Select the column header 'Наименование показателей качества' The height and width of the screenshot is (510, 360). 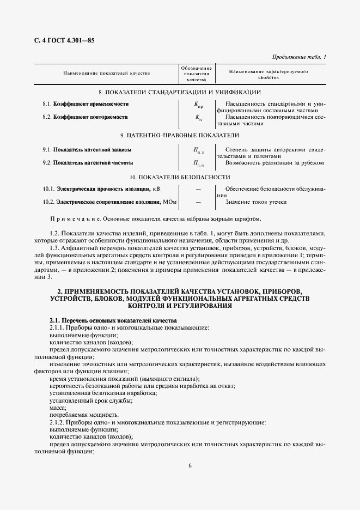(107, 72)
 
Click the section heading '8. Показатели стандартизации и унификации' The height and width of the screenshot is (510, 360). (180, 92)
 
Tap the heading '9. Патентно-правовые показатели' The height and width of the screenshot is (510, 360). (180, 135)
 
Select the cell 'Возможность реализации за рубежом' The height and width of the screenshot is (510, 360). (275, 162)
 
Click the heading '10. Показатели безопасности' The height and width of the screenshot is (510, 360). (180, 177)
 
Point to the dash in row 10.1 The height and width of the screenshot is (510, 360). (198, 189)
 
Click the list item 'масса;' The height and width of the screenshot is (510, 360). (58, 407)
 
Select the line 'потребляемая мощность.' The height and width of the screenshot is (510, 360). (83, 415)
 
